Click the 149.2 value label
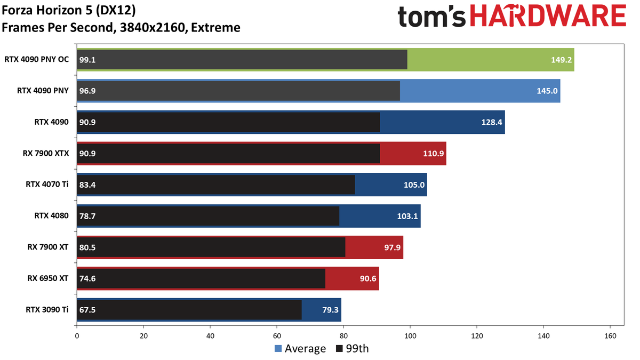tap(561, 60)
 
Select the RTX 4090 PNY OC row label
tap(37, 59)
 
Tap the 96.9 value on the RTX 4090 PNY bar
tap(87, 91)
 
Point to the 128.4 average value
tap(491, 122)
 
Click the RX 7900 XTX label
tap(46, 154)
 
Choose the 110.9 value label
tap(433, 154)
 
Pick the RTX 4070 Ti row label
tap(47, 185)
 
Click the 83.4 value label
tap(87, 185)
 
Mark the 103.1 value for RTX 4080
tap(407, 216)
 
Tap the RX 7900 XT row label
tap(47, 247)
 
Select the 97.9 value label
tap(392, 247)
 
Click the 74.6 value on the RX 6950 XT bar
tap(87, 278)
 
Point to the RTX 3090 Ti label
tap(47, 309)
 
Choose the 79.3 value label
tap(330, 310)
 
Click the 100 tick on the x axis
tap(410, 336)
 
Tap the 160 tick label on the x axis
tap(610, 336)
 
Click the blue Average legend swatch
tap(278, 349)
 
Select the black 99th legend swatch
tap(339, 349)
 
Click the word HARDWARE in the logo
tap(548, 16)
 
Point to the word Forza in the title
tap(18, 10)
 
